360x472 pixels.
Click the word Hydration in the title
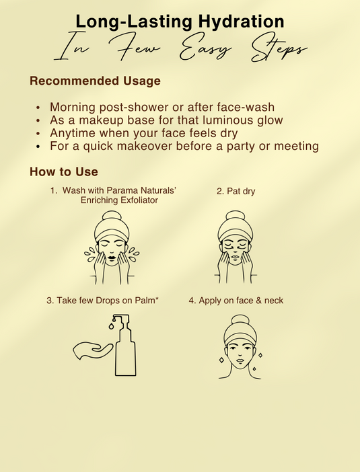tap(241, 22)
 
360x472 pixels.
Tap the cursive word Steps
tap(279, 50)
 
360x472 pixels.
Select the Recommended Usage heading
tap(95, 81)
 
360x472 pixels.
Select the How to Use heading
tap(64, 171)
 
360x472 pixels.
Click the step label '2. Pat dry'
tap(236, 191)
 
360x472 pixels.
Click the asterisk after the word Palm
tap(157, 299)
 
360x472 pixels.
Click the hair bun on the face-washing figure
tap(112, 216)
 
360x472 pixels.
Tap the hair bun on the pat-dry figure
tap(236, 216)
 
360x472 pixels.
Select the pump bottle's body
tap(126, 352)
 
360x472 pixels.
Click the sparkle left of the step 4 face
tap(221, 360)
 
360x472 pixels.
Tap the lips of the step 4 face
tap(240, 361)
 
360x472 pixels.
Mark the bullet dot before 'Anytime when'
tap(38, 133)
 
